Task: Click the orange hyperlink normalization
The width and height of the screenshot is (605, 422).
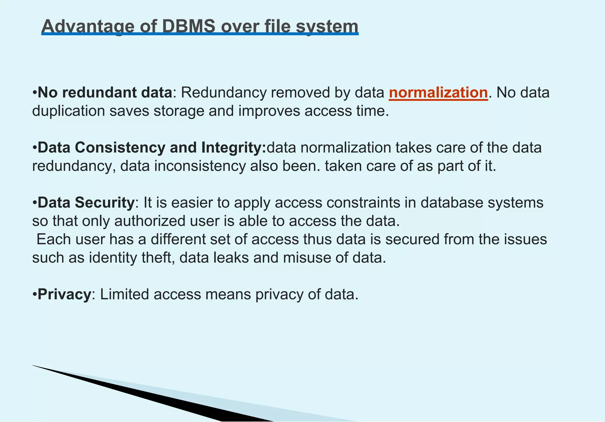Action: [x=438, y=93]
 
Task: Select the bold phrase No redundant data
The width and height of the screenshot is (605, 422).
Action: [x=105, y=93]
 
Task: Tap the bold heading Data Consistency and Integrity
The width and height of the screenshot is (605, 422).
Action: [x=152, y=148]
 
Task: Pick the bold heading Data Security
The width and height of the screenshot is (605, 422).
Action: [x=86, y=203]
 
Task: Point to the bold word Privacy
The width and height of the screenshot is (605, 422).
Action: [x=64, y=294]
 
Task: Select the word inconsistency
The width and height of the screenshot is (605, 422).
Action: [x=200, y=166]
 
